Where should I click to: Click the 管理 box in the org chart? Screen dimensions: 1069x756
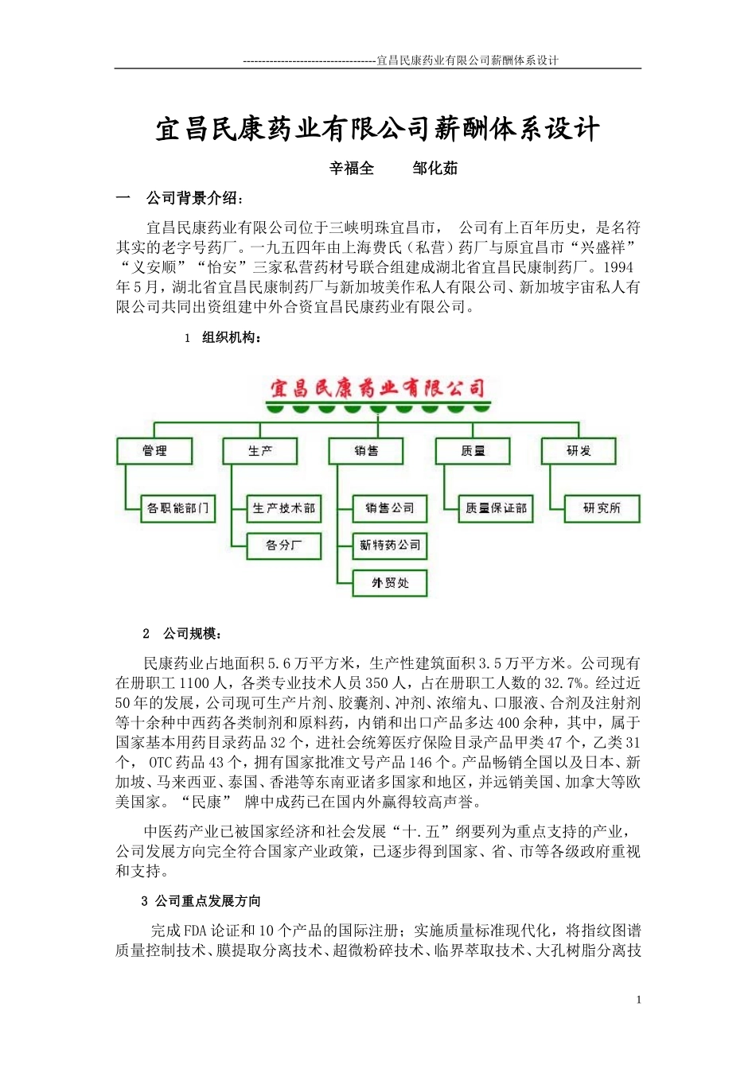click(154, 451)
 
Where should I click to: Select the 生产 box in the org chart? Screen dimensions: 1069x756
click(260, 451)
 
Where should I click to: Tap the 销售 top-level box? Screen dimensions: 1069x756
click(366, 451)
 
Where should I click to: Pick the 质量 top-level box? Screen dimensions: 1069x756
click(473, 451)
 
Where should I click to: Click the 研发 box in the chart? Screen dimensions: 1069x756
click(579, 451)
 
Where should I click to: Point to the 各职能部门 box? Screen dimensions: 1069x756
click(178, 508)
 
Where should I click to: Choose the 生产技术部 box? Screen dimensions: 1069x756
click(284, 508)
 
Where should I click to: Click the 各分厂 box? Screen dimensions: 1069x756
click(284, 546)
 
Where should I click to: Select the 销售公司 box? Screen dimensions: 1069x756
click(390, 508)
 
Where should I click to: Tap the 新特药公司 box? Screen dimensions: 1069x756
click(390, 546)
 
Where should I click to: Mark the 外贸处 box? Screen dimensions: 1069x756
click(390, 583)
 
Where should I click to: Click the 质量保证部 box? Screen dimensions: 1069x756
click(497, 508)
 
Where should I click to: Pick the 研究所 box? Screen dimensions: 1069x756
click(602, 508)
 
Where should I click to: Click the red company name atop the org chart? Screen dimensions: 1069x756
click(377, 389)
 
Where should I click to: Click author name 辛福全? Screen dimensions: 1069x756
click(352, 169)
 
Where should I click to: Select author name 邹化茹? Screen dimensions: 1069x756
click(435, 169)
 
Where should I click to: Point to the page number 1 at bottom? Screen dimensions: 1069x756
click(638, 1000)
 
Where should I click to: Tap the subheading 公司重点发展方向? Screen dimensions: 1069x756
click(208, 901)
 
